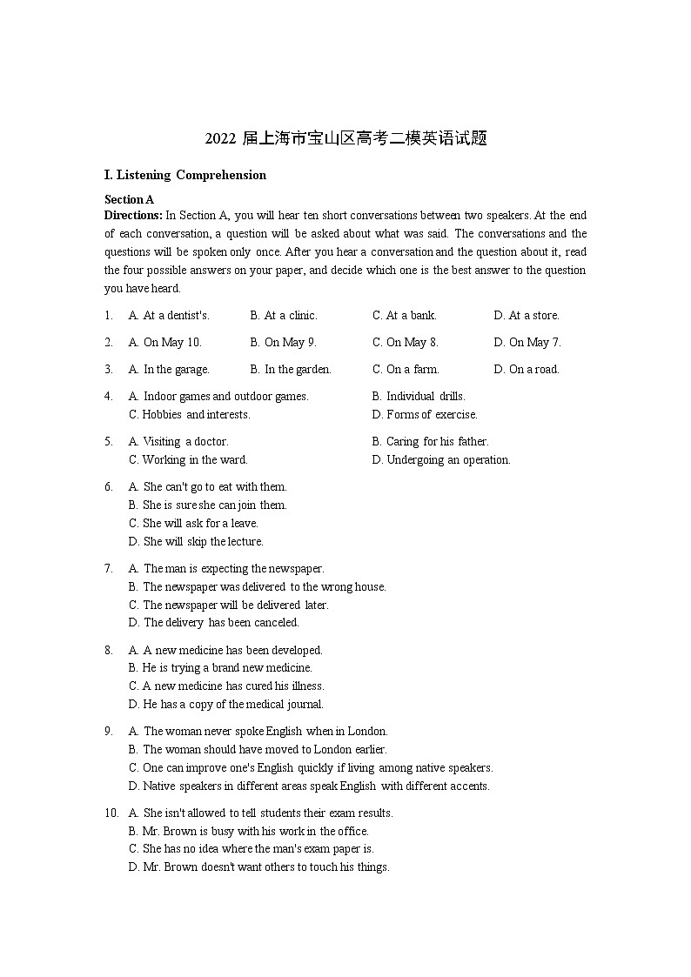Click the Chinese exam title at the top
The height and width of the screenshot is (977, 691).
coord(345,138)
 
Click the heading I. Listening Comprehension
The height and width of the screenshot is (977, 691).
coord(184,175)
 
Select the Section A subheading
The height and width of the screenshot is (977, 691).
coord(129,199)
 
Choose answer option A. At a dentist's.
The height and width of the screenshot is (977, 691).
coord(169,315)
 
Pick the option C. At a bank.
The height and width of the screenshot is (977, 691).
coord(405,315)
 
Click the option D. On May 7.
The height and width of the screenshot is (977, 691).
coord(527,342)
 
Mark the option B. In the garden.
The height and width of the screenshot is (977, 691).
coord(291,369)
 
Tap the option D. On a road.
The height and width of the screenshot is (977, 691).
coord(527,369)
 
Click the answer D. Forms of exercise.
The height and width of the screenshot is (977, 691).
coord(425,414)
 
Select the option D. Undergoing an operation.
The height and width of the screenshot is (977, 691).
coord(441,459)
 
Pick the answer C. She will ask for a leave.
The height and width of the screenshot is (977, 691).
coord(193,523)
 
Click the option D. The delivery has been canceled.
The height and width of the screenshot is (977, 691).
coord(213,622)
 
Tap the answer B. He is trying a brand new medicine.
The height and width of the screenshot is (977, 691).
coord(220,667)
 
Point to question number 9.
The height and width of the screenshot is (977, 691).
coord(109,731)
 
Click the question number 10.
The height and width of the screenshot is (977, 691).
coord(111,813)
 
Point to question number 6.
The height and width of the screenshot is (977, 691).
coord(109,486)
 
